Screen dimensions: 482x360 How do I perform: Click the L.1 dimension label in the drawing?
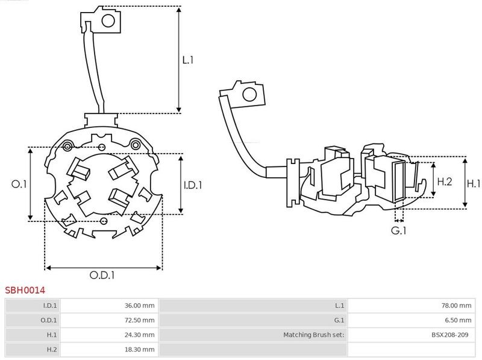coord(187,60)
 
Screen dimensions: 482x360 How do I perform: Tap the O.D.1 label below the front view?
coord(102,275)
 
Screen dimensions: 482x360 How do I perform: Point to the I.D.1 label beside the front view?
coord(193,185)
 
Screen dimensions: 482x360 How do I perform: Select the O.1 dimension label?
coord(19,184)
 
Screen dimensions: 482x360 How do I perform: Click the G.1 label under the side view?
coord(399,230)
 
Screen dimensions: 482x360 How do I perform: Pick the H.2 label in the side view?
coord(445,182)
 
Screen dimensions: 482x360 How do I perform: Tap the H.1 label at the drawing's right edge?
coord(474,184)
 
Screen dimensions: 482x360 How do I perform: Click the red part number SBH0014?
coord(25,290)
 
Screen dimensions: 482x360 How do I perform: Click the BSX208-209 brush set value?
coord(449,335)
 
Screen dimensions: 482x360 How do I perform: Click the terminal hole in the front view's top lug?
coord(108,21)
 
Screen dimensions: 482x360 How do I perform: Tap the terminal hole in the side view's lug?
coord(249,94)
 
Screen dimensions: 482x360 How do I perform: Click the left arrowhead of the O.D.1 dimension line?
coord(48,268)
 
